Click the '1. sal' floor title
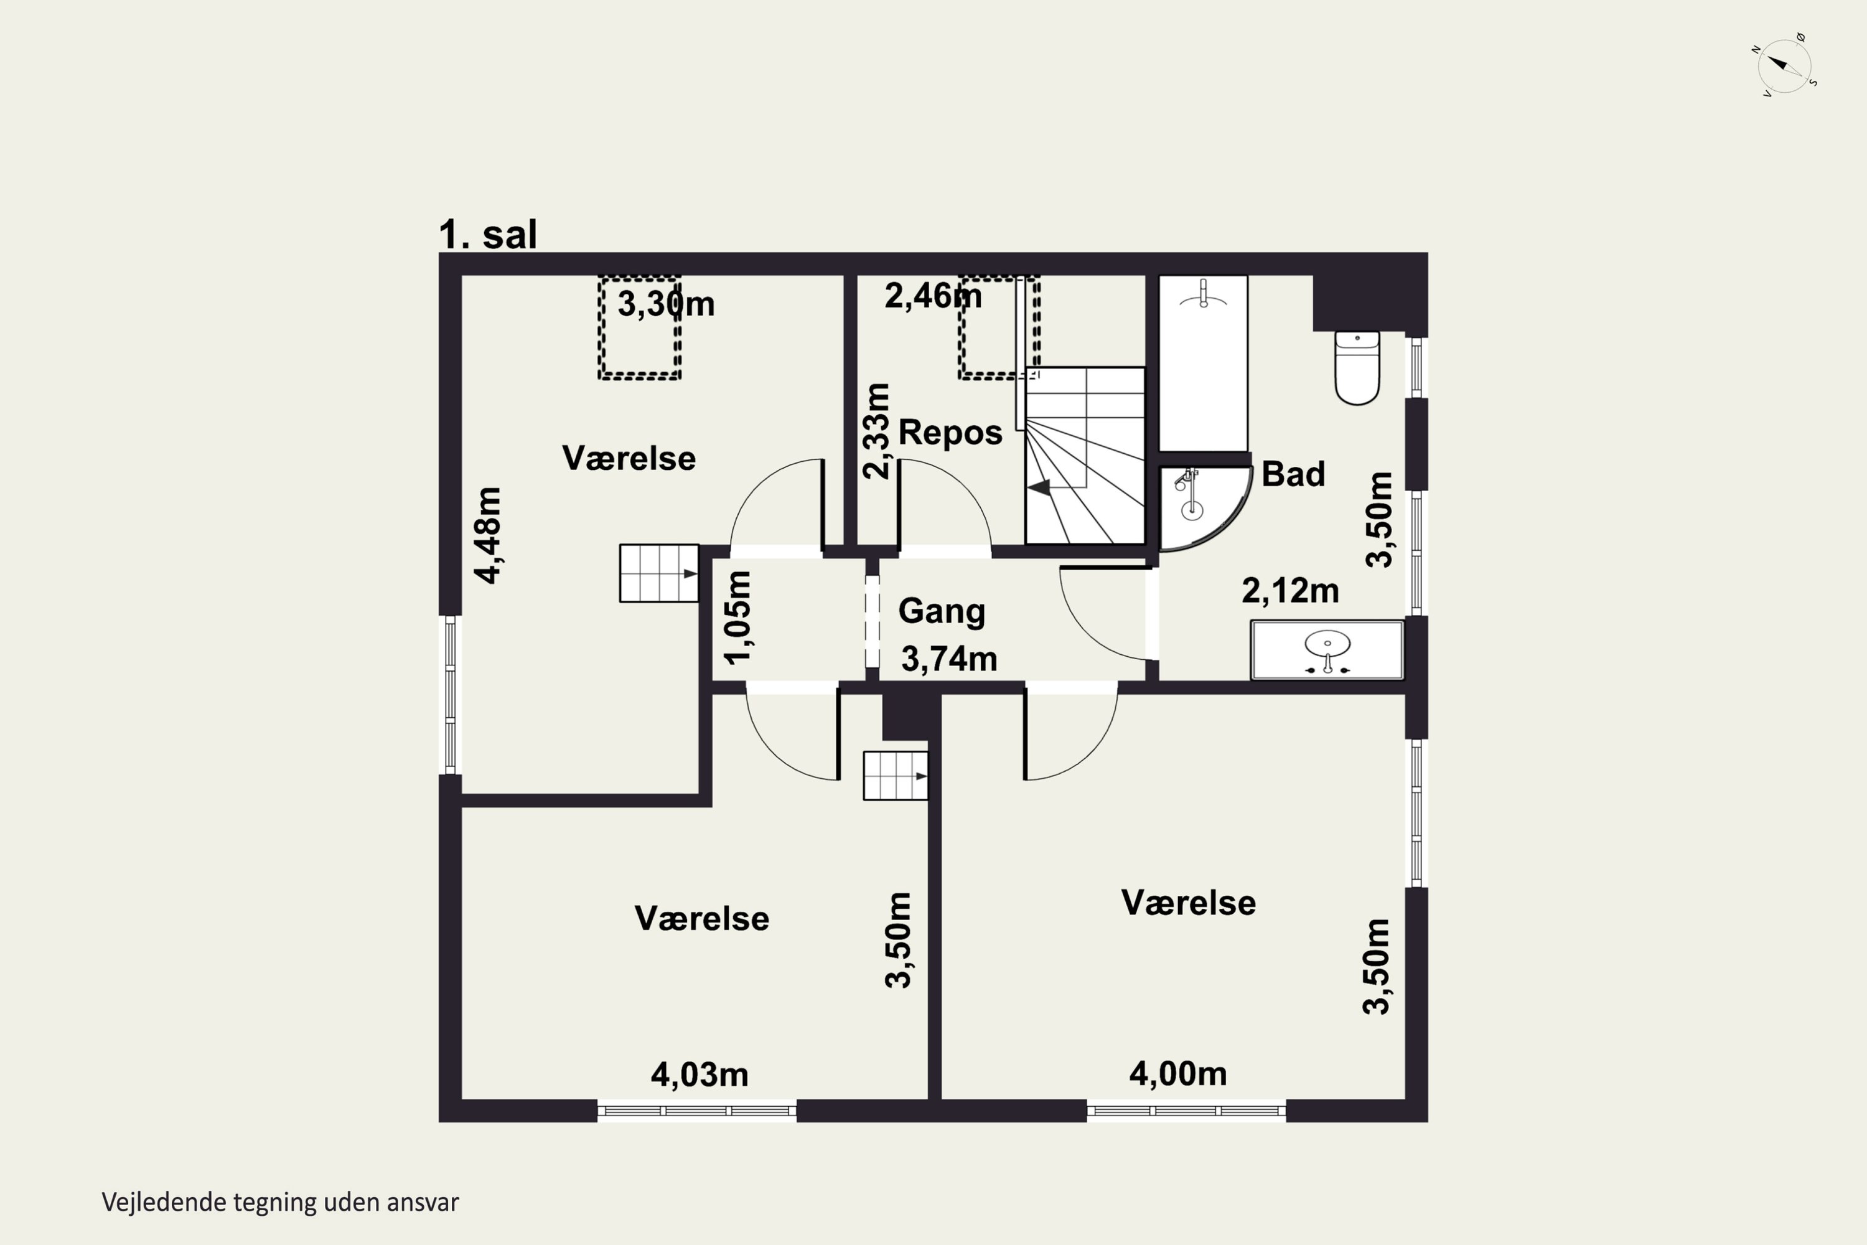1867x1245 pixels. pos(488,235)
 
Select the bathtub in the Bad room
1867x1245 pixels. pos(1204,363)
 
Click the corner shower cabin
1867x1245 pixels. pos(1200,507)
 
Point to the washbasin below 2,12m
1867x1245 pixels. pos(1327,649)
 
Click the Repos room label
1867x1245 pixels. pos(950,433)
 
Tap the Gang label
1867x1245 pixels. pos(942,611)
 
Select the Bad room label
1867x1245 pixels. pos(1293,474)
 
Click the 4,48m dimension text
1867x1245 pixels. pos(488,535)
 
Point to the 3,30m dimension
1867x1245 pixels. pos(666,304)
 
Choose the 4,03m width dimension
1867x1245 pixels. pos(700,1075)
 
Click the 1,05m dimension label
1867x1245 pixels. pos(737,618)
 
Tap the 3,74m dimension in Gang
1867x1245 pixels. pos(950,659)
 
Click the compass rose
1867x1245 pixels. pos(1784,65)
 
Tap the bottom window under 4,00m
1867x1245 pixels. pos(1186,1111)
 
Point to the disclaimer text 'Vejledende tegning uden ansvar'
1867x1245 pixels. pos(280,1202)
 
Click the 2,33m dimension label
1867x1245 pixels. pos(876,431)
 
